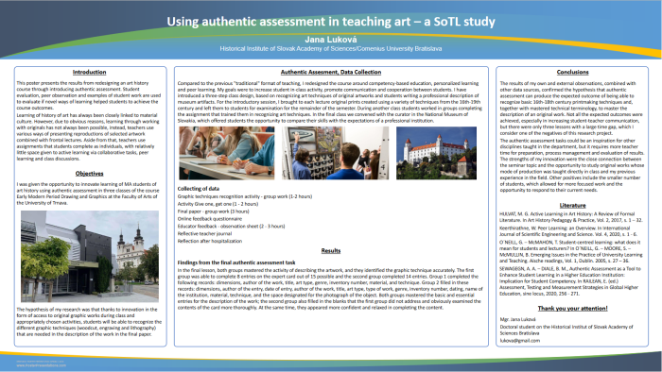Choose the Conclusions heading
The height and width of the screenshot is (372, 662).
tap(572, 72)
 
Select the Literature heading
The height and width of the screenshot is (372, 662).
tap(572, 204)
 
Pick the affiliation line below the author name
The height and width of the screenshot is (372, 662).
tap(331, 47)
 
